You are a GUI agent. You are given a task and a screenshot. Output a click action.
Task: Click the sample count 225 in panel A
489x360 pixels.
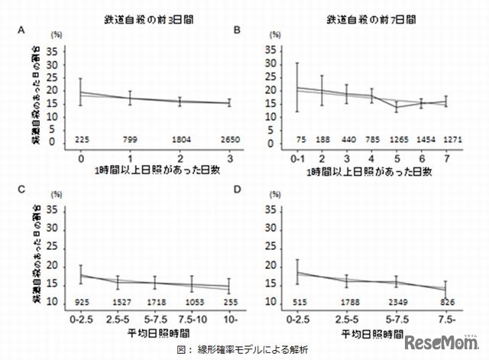tap(81, 140)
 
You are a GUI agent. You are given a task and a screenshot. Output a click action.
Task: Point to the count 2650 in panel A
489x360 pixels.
tap(229, 140)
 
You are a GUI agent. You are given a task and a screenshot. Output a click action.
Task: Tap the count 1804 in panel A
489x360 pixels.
tap(180, 140)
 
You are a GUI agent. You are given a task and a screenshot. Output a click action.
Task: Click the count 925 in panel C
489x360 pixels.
tap(82, 304)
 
